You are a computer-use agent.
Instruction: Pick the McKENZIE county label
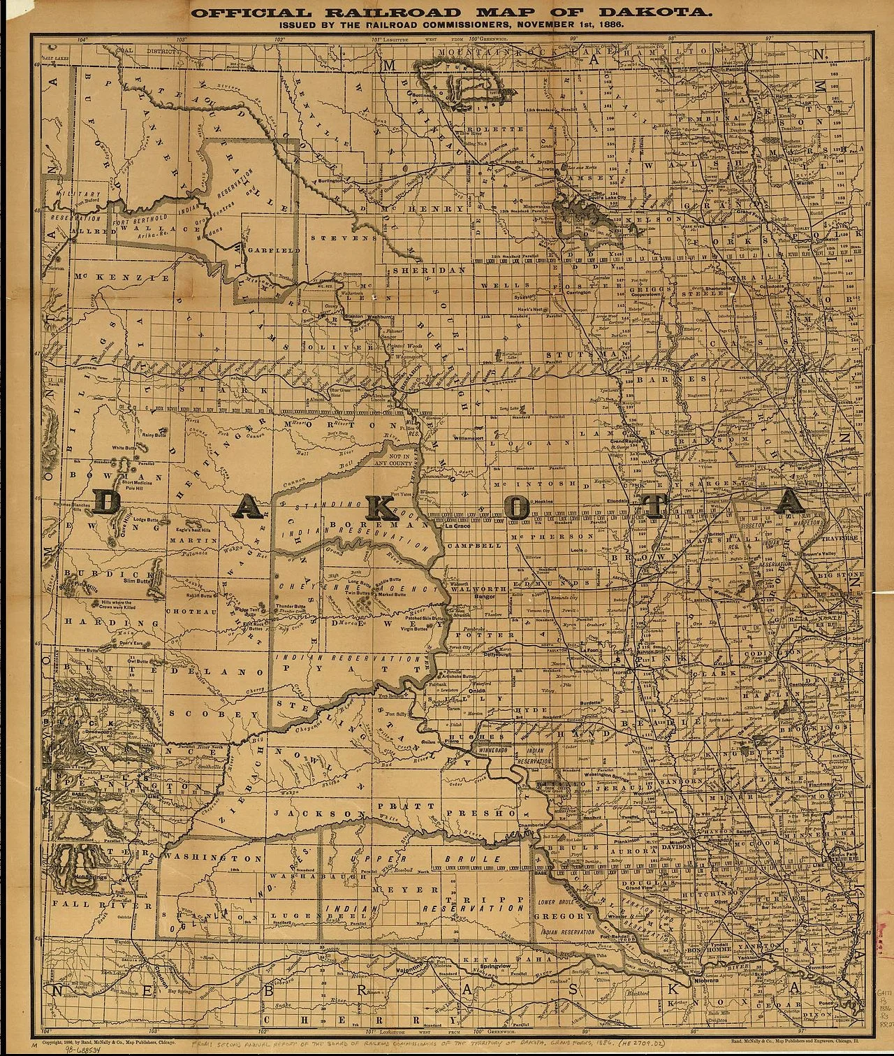click(122, 277)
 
